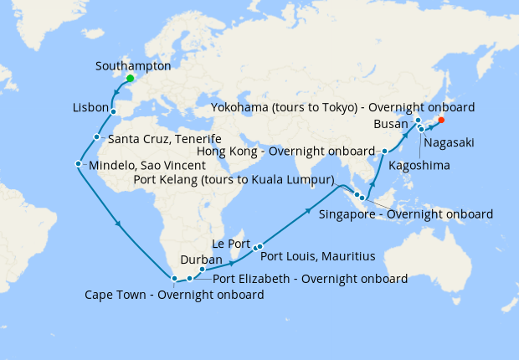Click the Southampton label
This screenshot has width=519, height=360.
tap(133, 65)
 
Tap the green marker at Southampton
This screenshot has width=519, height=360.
tap(130, 79)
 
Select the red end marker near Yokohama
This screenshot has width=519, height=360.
tap(441, 120)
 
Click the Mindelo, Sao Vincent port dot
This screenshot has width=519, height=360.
tap(78, 164)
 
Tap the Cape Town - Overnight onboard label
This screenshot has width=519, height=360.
tap(174, 295)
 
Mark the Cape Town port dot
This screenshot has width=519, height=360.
tap(173, 279)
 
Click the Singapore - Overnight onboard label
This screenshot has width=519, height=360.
tap(406, 213)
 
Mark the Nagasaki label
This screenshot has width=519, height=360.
tap(449, 143)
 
